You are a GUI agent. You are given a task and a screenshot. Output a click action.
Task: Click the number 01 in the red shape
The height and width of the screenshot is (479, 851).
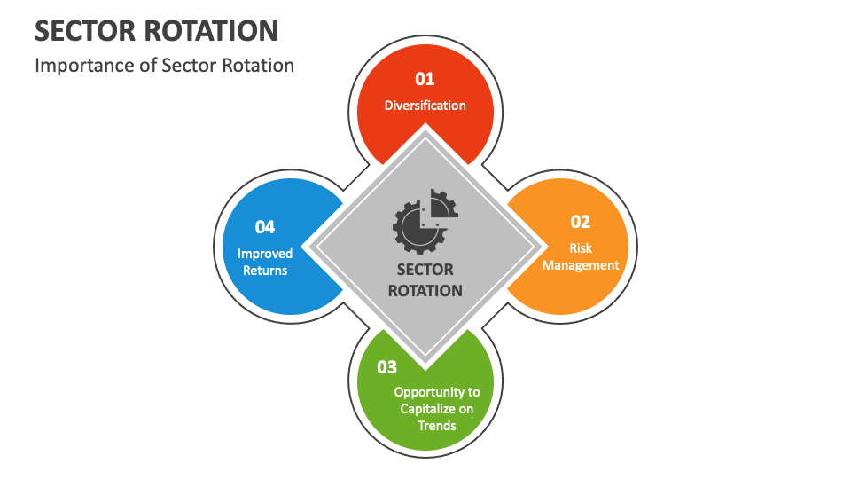425,79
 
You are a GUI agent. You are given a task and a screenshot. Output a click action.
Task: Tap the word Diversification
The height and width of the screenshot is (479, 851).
425,106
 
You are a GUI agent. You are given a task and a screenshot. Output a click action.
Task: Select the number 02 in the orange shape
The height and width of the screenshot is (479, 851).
580,222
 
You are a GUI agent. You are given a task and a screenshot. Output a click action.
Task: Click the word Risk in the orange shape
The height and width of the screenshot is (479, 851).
581,248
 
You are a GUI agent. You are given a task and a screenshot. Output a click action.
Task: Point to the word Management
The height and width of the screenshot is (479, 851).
581,265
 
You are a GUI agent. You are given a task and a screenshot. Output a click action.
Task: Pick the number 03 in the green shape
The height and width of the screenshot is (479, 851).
387,366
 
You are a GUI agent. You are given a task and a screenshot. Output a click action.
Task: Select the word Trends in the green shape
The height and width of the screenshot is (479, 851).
437,425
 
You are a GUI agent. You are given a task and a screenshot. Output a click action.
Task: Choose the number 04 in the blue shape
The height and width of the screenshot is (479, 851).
265,227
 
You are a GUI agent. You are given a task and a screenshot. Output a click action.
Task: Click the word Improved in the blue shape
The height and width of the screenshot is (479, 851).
265,254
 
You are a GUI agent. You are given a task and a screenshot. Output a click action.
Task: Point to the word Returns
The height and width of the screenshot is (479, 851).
265,271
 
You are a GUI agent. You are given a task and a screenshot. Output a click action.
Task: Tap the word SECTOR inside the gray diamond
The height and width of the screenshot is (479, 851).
425,270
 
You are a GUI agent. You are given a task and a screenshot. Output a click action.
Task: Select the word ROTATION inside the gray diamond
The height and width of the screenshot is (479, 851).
425,290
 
